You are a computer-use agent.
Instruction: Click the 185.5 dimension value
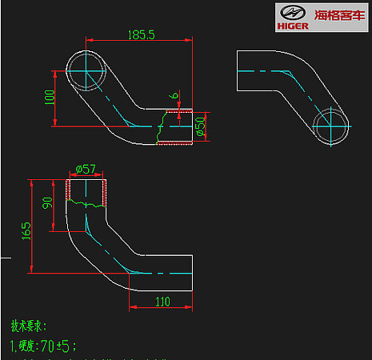coord(141,34)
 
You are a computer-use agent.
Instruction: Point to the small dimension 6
coord(174,97)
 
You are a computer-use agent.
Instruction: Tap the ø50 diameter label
coord(201,125)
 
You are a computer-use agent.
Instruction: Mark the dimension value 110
coord(162,302)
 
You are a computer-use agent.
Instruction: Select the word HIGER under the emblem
coord(292,25)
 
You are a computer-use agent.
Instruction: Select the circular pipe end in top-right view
coord(331,126)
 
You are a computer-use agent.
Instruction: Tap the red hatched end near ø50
coord(176,127)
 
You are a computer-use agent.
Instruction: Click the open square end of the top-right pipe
coord(238,71)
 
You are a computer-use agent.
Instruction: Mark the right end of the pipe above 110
coord(192,274)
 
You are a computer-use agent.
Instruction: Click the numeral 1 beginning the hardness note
coord(13,346)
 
